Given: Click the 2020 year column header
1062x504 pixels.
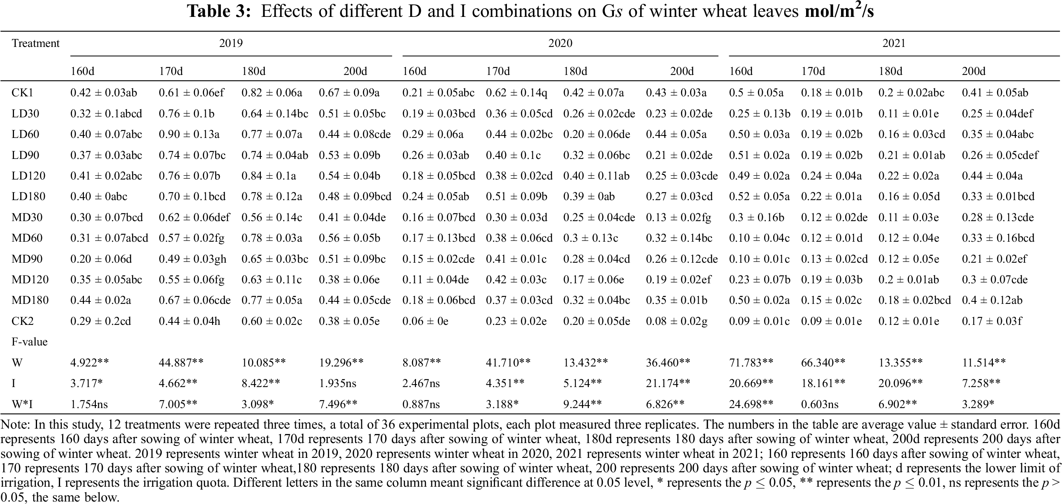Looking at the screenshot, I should [x=560, y=43].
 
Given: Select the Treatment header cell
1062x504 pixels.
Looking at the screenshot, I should [x=35, y=43].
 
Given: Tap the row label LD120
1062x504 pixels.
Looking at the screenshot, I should [x=28, y=176].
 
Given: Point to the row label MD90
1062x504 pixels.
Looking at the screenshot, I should [x=27, y=259].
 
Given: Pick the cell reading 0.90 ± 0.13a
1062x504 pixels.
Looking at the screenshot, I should [x=189, y=135].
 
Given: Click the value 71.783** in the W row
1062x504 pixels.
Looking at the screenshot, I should [x=751, y=363].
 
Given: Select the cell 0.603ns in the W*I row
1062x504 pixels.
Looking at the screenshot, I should [x=820, y=405].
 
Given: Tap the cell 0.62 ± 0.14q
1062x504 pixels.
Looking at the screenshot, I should [x=516, y=93].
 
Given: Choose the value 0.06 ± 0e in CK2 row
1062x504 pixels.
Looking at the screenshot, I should [x=425, y=321].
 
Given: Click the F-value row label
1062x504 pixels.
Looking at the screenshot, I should [x=29, y=342].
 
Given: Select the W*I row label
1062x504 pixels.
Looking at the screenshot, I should [x=22, y=405].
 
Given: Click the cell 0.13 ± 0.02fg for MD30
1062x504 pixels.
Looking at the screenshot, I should [x=678, y=217].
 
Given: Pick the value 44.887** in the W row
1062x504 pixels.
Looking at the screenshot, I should [x=181, y=363].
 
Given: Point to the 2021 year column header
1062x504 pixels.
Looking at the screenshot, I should [x=893, y=43].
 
